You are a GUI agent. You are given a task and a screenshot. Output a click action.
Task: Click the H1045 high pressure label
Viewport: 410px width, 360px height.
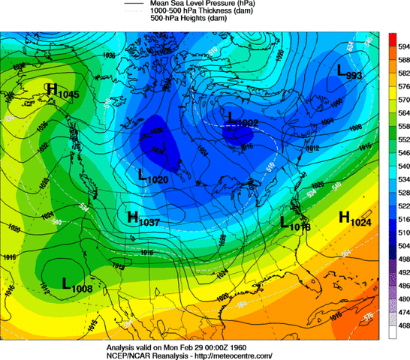(63, 90)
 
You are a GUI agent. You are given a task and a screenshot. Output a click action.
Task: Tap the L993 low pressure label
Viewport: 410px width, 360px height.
(349, 73)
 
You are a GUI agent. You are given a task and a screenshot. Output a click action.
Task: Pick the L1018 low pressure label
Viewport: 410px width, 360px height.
(294, 223)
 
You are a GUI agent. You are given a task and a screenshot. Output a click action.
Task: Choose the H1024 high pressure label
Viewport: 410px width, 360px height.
(356, 218)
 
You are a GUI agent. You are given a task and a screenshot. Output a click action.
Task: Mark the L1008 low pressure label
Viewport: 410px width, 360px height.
(76, 283)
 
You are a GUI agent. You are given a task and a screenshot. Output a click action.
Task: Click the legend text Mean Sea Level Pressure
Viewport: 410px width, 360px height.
(204, 4)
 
